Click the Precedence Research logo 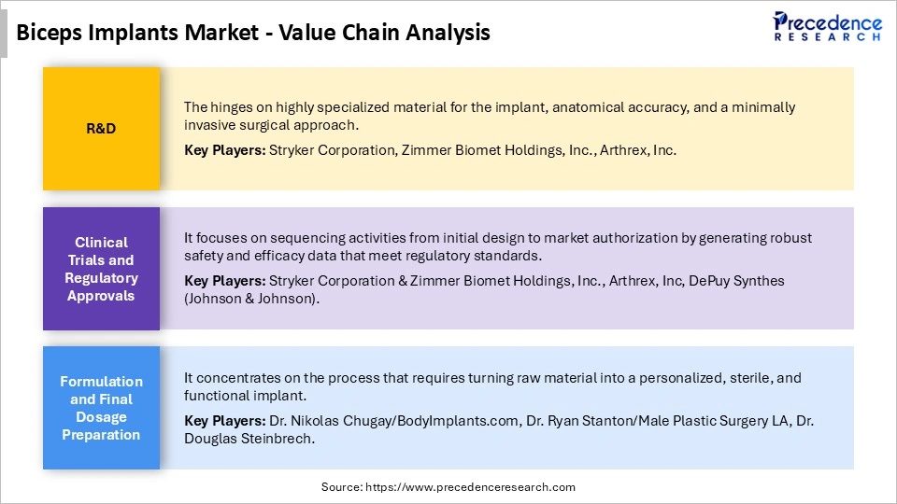[827, 25]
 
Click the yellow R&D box [101, 129]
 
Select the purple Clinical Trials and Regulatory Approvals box [101, 269]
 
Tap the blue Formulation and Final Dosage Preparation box [101, 408]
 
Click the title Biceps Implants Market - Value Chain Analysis [253, 33]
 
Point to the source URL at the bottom [448, 487]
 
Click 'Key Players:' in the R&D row [224, 150]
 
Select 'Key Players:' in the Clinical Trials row [224, 281]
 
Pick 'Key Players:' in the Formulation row [224, 421]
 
